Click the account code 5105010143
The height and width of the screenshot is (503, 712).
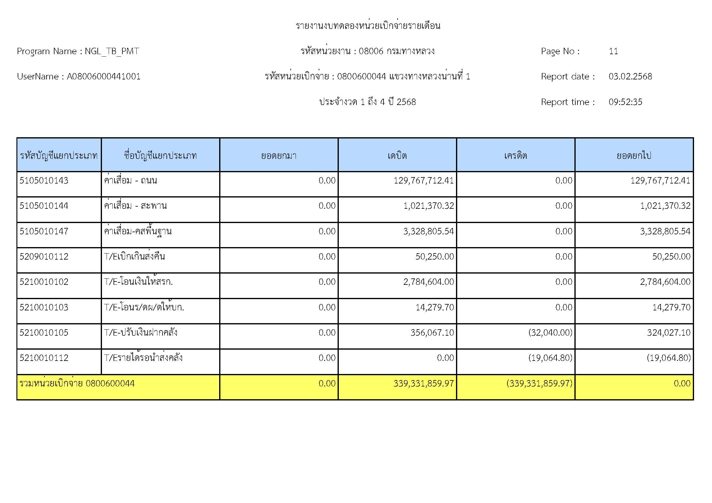pos(44,180)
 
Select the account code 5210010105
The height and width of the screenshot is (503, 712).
pos(44,333)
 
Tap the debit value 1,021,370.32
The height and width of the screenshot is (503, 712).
pos(428,206)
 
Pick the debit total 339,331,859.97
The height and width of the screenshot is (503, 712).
pos(423,383)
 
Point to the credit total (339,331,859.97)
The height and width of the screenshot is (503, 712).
pos(539,383)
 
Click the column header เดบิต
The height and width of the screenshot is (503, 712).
pos(397,155)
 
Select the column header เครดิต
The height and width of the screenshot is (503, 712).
pos(515,155)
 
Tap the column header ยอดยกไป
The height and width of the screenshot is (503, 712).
pos(634,155)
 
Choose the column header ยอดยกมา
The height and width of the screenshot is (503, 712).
pos(279,155)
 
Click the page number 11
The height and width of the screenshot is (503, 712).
pos(613,51)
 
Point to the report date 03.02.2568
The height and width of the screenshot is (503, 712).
pos(630,77)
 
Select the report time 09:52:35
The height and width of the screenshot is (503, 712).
pos(625,102)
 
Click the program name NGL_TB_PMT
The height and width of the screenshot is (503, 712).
pos(112,51)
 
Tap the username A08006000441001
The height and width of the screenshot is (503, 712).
pos(103,77)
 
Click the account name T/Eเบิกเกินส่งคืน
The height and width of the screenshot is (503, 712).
pos(134,257)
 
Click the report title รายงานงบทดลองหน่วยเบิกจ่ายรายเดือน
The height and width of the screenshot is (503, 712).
pos(368,26)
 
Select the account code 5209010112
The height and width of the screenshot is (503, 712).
pos(44,257)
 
